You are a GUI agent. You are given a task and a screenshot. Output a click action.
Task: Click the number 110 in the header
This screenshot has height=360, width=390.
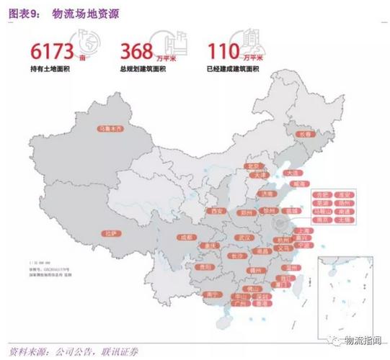coord(225,51)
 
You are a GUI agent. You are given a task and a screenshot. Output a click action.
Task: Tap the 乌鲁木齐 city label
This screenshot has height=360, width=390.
coord(112,130)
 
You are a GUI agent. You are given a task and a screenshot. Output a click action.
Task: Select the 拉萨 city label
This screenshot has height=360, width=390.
coord(110,233)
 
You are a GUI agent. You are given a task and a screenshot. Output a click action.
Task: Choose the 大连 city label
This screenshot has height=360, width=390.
coord(291,173)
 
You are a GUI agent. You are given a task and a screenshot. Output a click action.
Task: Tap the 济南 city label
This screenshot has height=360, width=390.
coord(267,194)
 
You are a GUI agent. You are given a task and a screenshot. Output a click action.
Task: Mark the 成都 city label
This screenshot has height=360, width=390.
coord(187,237)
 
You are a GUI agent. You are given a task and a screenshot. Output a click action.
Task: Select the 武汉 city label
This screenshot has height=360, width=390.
coord(243,238)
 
